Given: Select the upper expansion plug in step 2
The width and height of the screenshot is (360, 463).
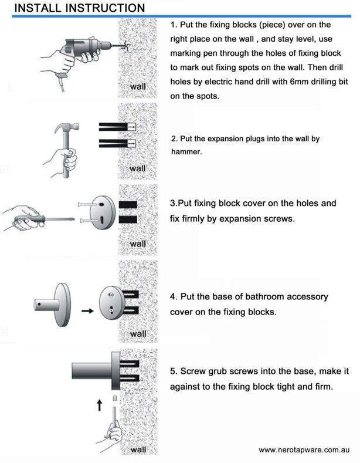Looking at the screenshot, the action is click(117, 126).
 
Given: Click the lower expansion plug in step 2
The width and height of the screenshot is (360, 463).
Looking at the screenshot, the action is click(117, 143).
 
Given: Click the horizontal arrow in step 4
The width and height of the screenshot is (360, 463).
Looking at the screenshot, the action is click(87, 310).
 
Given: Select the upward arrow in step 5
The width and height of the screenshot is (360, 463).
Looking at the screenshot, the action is click(100, 405).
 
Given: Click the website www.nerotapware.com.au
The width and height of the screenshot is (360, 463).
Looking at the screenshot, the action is click(304, 450).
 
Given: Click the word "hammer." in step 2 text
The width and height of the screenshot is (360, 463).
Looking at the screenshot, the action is click(186, 152).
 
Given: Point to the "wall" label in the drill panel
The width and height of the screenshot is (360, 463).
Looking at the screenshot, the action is click(138, 86).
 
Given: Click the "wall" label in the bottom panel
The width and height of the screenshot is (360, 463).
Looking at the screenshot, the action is click(138, 450).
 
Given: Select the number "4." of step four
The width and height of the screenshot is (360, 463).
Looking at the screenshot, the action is click(173, 296).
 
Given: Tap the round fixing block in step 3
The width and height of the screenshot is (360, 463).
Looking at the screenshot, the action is click(101, 212).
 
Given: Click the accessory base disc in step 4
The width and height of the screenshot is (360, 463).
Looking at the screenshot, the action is click(63, 305).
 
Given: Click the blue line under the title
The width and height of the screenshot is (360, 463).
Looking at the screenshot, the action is click(182, 16).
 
